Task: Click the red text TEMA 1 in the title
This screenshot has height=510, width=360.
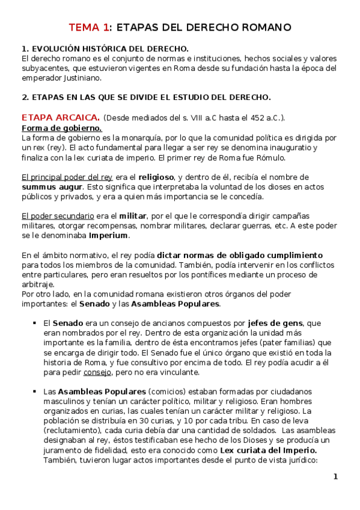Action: tap(90, 27)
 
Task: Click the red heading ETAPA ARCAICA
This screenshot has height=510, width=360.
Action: tap(60, 117)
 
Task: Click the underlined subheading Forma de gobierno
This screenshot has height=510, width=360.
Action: tap(61, 128)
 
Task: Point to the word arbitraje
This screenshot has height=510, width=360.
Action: tap(38, 284)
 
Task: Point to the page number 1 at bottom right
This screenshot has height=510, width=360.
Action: tap(335, 476)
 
